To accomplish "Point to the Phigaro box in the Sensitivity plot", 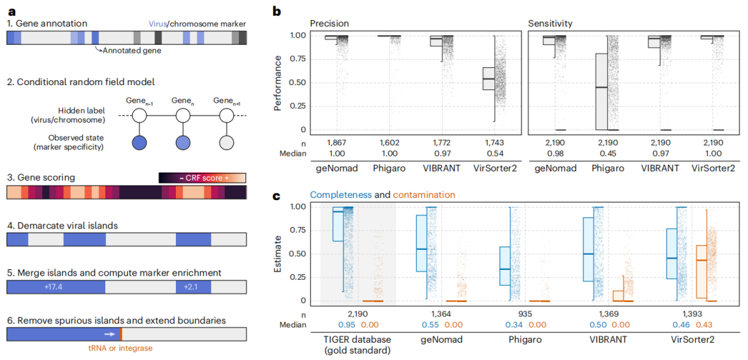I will [601, 91].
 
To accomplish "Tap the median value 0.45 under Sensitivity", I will [601, 152].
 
